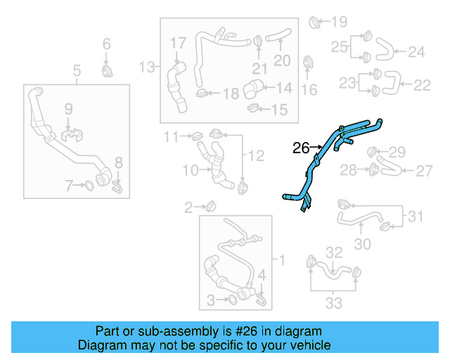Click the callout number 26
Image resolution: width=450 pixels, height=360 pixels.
(300, 148)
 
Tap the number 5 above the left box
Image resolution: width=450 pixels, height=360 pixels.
(77, 70)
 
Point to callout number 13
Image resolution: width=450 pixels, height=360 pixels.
(146, 67)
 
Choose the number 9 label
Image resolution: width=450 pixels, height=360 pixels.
(69, 108)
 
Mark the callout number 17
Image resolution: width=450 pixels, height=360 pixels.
(177, 44)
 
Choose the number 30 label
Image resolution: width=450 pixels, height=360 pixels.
(362, 245)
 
